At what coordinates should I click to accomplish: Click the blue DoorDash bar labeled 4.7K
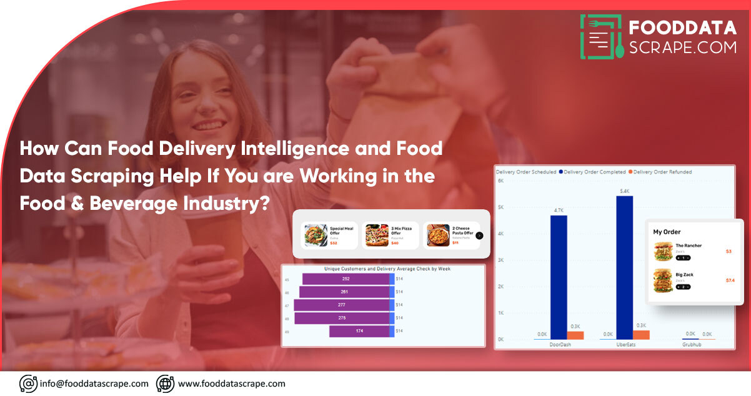559,277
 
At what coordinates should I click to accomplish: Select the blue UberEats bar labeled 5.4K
624,267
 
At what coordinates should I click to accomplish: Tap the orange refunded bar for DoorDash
575,335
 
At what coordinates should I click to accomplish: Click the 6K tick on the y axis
500,181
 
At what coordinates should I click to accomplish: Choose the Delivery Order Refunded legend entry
660,172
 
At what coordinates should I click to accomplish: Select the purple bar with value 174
359,331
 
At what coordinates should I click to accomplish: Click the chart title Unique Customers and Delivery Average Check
387,269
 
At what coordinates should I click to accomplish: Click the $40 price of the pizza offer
394,243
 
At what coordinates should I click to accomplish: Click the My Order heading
667,232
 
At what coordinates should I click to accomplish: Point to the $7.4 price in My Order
730,280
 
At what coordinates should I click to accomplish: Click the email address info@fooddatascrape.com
94,384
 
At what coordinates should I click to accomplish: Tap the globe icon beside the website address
165,384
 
